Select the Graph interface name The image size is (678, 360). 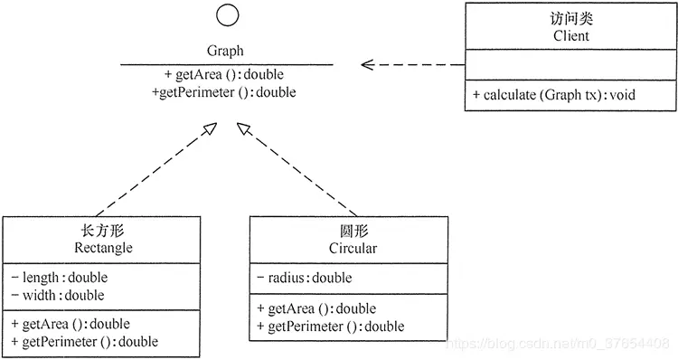226,52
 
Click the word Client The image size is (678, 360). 570,36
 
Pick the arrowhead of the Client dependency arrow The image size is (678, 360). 366,64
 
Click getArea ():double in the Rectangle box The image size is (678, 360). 71,324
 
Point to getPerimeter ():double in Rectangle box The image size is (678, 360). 85,341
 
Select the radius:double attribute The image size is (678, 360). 305,278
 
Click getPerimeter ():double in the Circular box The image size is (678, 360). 331,326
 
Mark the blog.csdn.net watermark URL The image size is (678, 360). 560,344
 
